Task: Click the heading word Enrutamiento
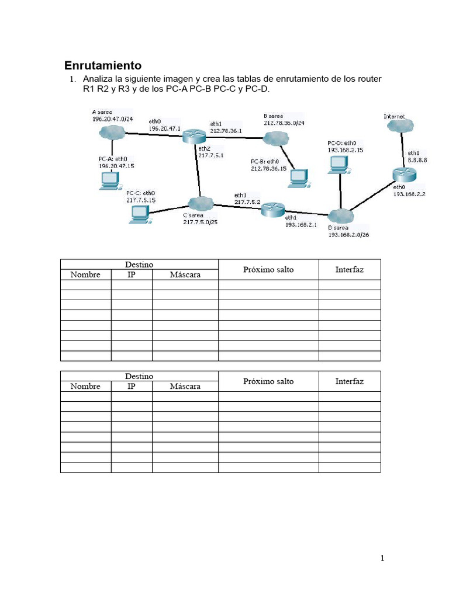pyautogui.click(x=102, y=65)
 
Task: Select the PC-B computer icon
pyautogui.click(x=298, y=178)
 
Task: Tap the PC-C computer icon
pyautogui.click(x=139, y=214)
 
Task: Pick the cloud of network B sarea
pyautogui.click(x=275, y=138)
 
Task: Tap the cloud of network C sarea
pyautogui.click(x=199, y=203)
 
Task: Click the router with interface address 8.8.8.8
pyautogui.click(x=404, y=173)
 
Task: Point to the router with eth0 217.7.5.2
pyautogui.click(x=272, y=210)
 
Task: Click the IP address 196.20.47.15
pyautogui.click(x=116, y=166)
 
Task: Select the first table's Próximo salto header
pyautogui.click(x=268, y=269)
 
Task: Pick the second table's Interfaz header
pyautogui.click(x=349, y=381)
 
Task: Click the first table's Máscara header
pyautogui.click(x=185, y=274)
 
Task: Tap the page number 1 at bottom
pyautogui.click(x=382, y=558)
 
